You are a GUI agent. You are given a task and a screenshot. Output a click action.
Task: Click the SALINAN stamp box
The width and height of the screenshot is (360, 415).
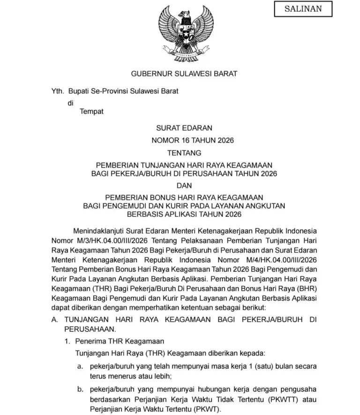(x=303, y=9)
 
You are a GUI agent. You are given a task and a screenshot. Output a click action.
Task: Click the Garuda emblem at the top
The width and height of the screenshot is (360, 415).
(x=186, y=33)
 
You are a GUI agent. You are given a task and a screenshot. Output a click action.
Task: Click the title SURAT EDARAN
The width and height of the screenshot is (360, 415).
(x=184, y=128)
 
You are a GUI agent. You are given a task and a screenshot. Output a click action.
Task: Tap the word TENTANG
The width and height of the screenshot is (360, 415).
(x=184, y=153)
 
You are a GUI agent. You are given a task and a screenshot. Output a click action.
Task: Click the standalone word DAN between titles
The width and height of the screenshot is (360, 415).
(x=184, y=185)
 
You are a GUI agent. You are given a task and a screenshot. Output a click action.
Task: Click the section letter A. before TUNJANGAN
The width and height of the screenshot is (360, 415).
(x=55, y=319)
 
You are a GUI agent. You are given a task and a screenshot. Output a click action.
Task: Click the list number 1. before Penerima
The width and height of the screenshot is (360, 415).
(x=67, y=341)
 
